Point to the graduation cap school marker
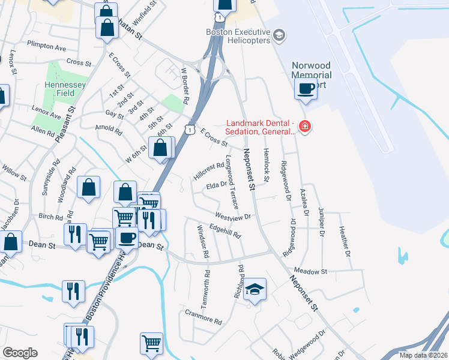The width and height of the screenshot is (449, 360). pos(255,290)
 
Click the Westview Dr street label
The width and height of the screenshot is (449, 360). pos(233,215)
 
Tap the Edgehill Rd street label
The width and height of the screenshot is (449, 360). pos(224,230)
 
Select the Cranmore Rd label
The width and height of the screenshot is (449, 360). pos(203,316)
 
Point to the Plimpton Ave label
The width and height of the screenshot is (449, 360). pos(46,46)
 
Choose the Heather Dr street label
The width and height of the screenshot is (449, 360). pos(344,241)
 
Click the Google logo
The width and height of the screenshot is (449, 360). pos(20,353)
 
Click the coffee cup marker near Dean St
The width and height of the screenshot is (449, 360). pos(126,238)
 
